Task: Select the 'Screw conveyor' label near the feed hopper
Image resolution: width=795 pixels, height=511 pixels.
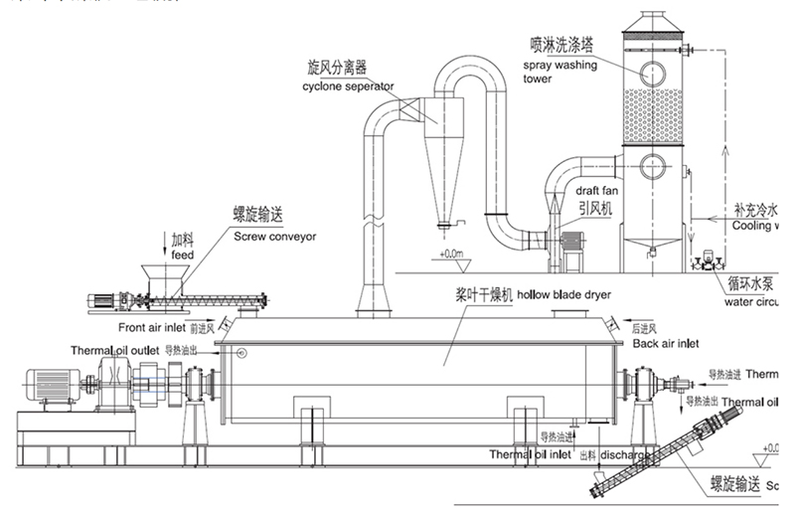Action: [x=274, y=238]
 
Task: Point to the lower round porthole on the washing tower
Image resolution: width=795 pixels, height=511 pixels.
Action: [x=653, y=165]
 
